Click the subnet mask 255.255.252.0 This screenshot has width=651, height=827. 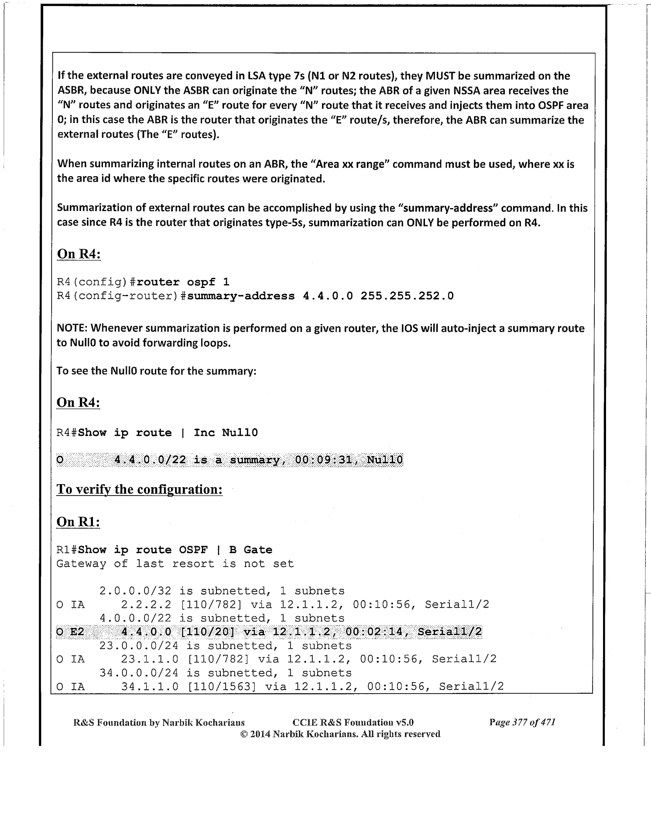tap(407, 296)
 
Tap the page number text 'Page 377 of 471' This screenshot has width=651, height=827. tap(522, 722)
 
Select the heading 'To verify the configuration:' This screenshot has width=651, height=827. tap(140, 489)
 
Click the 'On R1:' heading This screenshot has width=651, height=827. tap(79, 522)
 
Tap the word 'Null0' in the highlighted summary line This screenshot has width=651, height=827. tap(385, 460)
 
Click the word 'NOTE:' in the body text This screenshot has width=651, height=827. tap(72, 328)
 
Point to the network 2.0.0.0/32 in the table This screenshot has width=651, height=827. tap(136, 591)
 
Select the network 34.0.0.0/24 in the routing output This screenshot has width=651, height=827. tap(139, 673)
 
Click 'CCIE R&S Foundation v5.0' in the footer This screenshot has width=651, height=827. tap(353, 722)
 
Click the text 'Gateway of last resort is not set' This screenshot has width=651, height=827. tap(175, 564)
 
